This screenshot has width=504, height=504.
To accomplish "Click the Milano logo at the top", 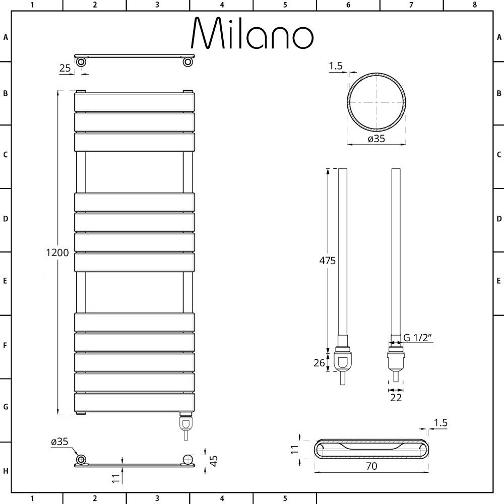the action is [253, 33].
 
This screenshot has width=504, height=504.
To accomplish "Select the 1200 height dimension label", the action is [57, 253].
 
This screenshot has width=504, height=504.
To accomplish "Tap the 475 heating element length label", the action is [327, 261].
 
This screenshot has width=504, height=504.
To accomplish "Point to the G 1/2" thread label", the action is [417, 338].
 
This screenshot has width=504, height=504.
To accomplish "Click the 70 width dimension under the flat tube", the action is [371, 466].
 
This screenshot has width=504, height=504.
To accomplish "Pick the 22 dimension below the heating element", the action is [396, 398].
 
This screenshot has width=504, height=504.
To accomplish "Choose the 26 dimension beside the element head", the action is [319, 363].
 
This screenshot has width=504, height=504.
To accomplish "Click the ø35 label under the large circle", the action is [376, 139].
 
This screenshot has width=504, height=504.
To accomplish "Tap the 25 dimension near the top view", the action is [65, 68].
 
